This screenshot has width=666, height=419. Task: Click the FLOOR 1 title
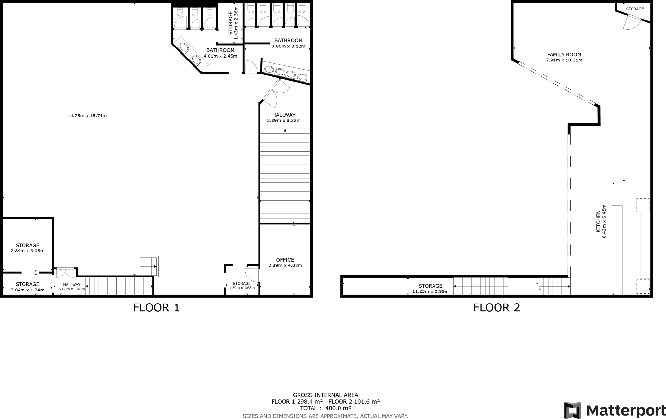[156, 307]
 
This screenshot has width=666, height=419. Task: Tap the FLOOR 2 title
[497, 307]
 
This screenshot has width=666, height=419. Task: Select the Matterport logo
[614, 410]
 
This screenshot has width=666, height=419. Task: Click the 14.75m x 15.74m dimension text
[87, 115]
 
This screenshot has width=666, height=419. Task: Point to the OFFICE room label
[285, 260]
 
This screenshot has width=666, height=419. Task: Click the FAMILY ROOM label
[564, 55]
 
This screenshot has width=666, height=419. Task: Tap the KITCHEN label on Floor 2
[598, 222]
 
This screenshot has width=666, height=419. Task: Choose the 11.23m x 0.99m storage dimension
[430, 291]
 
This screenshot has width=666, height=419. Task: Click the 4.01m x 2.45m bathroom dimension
[220, 56]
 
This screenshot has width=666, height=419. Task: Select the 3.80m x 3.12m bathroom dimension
[288, 46]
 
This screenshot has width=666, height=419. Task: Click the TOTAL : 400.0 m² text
[325, 408]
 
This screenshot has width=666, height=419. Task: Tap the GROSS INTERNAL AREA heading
[325, 395]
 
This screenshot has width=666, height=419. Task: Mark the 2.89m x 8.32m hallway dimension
[284, 120]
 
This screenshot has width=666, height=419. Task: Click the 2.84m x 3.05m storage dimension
[27, 251]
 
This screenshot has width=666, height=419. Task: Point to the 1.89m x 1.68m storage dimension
[242, 288]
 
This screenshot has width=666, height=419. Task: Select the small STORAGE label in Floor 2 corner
[634, 9]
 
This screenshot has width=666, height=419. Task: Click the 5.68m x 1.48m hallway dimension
[72, 289]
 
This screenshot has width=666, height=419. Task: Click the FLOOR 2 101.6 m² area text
[354, 402]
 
